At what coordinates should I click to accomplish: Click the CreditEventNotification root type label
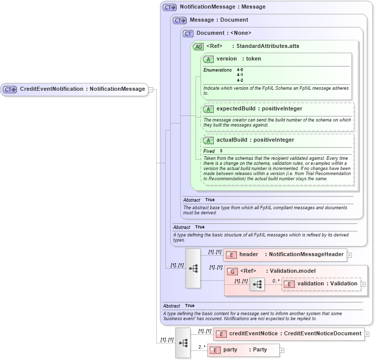point(82,89)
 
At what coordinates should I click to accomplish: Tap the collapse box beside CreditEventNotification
point(150,89)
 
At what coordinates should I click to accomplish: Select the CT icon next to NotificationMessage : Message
point(170,8)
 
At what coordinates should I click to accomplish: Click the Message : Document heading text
point(219,20)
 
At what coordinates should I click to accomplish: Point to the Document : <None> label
point(224,33)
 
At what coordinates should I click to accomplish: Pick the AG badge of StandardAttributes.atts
point(198,46)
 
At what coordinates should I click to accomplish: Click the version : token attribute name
point(239,59)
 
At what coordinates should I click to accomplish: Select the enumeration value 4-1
point(240,75)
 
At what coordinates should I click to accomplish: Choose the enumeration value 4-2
point(240,80)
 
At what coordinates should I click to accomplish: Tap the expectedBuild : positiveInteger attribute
point(259,108)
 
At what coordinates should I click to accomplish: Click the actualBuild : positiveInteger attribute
point(256,140)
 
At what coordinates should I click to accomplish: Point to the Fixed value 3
point(221,151)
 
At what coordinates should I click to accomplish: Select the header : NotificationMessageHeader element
point(285,255)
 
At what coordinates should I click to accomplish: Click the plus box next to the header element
point(349,255)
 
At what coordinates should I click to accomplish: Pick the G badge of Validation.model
point(232,271)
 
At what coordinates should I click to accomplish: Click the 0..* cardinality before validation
point(275,280)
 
